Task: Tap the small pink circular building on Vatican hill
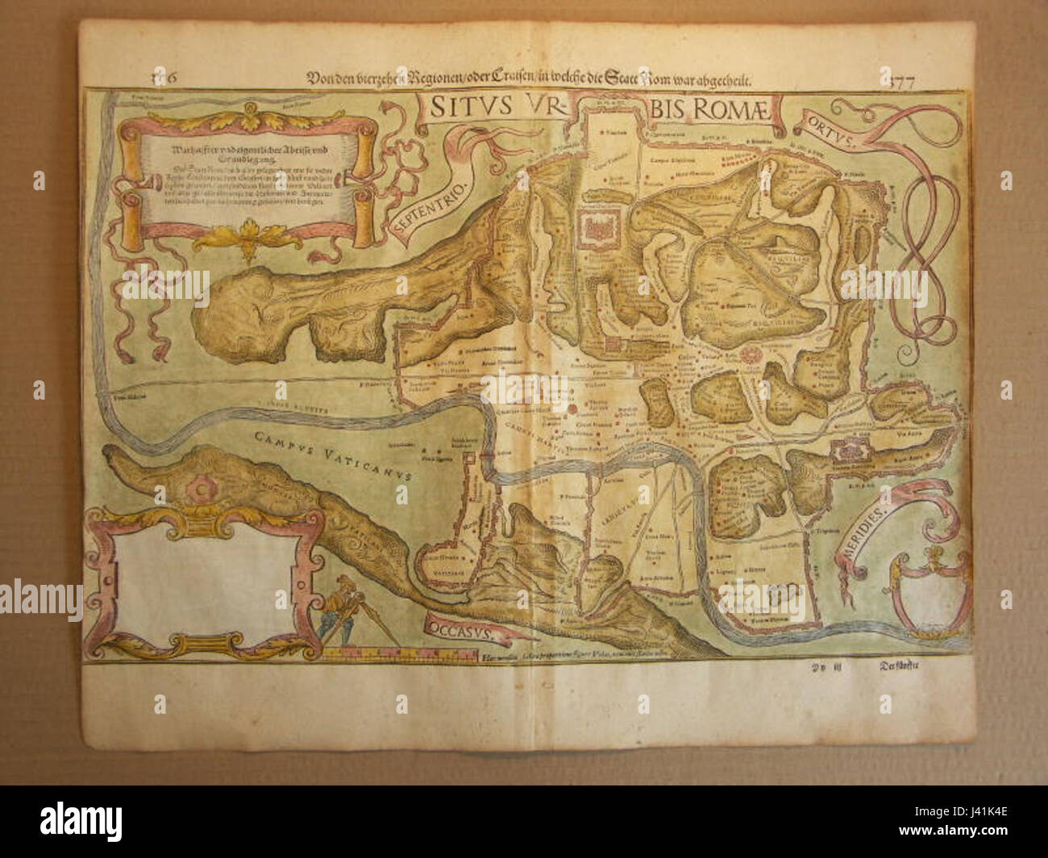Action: (197, 488)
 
